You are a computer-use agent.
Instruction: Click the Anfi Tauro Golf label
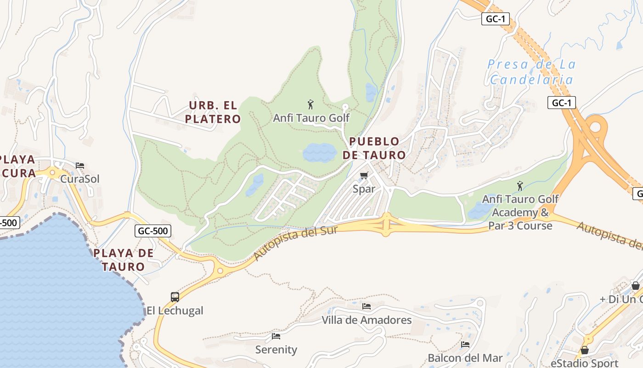click(311, 118)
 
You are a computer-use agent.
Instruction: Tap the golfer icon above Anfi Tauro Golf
click(310, 104)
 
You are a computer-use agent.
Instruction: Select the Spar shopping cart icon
click(364, 175)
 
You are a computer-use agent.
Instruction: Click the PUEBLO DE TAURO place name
click(374, 148)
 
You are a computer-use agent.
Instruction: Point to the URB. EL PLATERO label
click(213, 112)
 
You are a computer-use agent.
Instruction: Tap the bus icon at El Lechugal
click(175, 297)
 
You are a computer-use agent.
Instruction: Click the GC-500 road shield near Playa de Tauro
click(153, 231)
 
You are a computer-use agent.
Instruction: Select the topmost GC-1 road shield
click(496, 19)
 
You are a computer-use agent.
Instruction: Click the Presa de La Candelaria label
click(531, 72)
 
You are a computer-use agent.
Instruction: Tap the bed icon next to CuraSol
click(80, 166)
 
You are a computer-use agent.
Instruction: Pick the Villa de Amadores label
click(367, 320)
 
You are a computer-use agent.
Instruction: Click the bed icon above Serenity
click(276, 336)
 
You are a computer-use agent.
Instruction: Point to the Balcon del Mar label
click(465, 357)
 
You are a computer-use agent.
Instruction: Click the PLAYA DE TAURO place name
click(123, 259)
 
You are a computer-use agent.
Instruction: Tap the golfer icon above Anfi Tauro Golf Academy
click(520, 185)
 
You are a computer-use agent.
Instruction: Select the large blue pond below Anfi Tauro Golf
click(320, 152)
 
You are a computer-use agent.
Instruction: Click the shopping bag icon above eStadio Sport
click(585, 350)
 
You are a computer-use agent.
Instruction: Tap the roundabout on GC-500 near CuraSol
click(52, 173)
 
